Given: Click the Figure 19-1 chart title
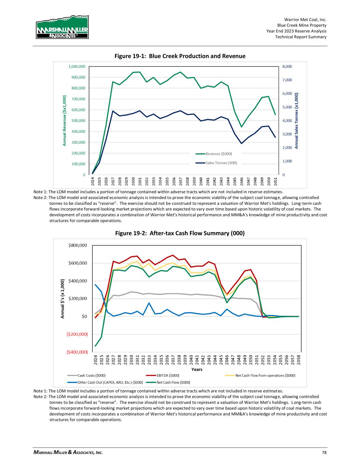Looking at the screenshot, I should pyautogui.click(x=180, y=56).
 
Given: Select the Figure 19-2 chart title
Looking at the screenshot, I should pyautogui.click(x=180, y=234).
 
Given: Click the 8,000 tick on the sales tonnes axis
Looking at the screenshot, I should pyautogui.click(x=287, y=67).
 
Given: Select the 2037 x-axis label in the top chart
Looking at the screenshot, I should pyautogui.click(x=181, y=181).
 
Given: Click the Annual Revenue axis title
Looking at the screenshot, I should pyautogui.click(x=64, y=121).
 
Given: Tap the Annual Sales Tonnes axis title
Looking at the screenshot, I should pyautogui.click(x=297, y=121).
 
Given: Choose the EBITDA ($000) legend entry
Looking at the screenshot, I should pyautogui.click(x=166, y=376).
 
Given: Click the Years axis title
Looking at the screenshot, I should pyautogui.click(x=197, y=369).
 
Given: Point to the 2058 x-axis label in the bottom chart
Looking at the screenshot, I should pyautogui.click(x=299, y=359).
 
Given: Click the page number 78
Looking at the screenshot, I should pyautogui.click(x=324, y=453).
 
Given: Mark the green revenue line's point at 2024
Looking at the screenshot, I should pyautogui.click(x=92, y=173).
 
